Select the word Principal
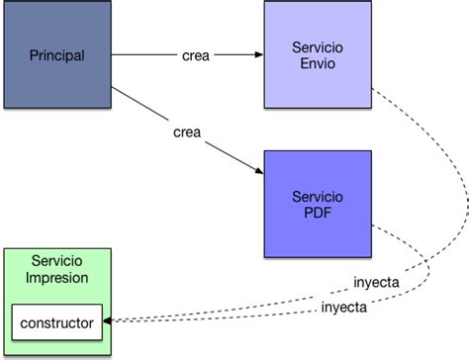[56, 54]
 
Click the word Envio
[317, 63]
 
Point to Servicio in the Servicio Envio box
[317, 47]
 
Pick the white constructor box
[57, 321]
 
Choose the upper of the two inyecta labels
[376, 282]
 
